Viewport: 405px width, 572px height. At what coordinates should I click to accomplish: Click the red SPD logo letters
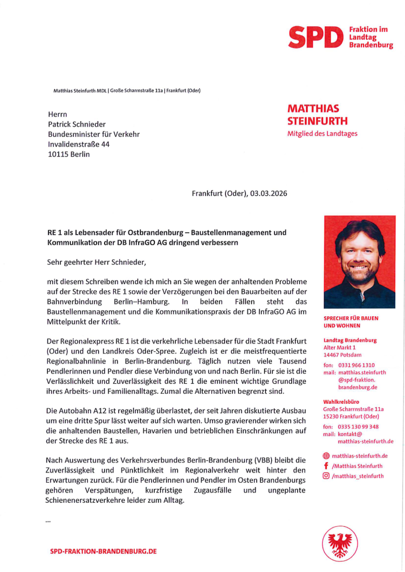[x=315, y=37]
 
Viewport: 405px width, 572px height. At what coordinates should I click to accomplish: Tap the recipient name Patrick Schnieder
[x=77, y=124]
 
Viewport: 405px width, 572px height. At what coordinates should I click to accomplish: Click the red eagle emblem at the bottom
[x=339, y=544]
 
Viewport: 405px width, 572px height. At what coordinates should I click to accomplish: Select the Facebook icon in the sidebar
[x=326, y=466]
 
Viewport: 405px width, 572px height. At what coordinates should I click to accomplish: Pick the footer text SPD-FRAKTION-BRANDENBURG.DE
[x=103, y=551]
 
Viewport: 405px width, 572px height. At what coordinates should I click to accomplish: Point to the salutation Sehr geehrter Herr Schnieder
[x=99, y=261]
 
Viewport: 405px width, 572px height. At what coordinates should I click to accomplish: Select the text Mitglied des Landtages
[x=322, y=134]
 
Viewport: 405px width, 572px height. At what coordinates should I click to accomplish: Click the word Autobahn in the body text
[x=76, y=411]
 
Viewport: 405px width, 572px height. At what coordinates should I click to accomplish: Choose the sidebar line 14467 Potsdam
[x=342, y=355]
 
